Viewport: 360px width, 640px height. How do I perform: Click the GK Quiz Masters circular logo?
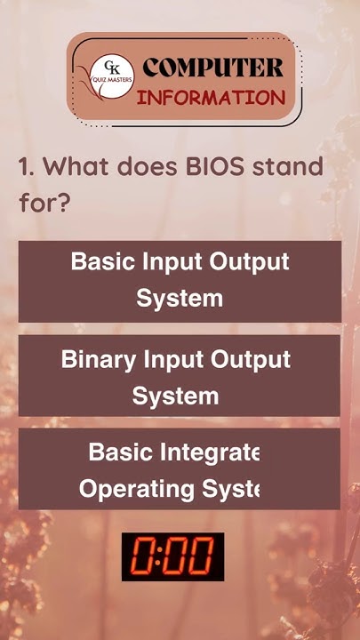(x=112, y=77)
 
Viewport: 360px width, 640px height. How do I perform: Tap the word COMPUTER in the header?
(x=213, y=68)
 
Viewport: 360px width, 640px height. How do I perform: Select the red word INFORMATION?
(x=211, y=96)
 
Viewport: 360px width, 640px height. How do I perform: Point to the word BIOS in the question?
(x=215, y=166)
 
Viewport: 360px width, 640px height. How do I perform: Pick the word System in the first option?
(x=179, y=298)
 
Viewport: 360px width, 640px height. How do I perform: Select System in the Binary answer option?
(x=175, y=395)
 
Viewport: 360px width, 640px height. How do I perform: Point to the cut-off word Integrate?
(x=210, y=452)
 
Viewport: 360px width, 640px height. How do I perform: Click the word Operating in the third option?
(x=136, y=488)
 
